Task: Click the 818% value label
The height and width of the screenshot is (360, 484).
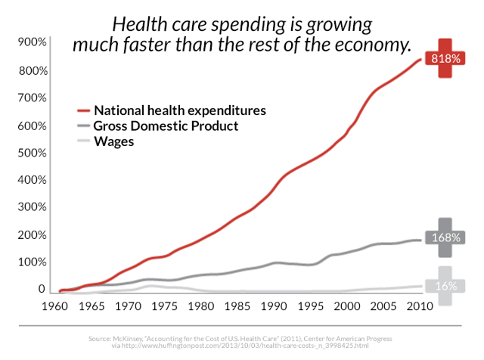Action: pyautogui.click(x=445, y=58)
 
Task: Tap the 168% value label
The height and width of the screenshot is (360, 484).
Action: pyautogui.click(x=446, y=237)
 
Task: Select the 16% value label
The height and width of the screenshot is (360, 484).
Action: pyautogui.click(x=446, y=286)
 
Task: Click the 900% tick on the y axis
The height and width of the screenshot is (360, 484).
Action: pyautogui.click(x=32, y=42)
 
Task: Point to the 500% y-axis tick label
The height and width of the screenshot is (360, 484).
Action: pyautogui.click(x=32, y=153)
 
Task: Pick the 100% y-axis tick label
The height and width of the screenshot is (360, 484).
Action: pyautogui.click(x=32, y=262)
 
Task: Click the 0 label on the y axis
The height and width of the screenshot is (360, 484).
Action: pyautogui.click(x=42, y=289)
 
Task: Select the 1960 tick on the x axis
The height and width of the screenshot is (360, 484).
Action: pyautogui.click(x=55, y=306)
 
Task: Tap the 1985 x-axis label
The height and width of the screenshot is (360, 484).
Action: pyautogui.click(x=237, y=306)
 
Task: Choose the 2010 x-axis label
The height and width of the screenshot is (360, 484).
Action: pyautogui.click(x=420, y=306)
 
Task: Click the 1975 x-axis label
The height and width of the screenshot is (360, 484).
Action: pyautogui.click(x=164, y=306)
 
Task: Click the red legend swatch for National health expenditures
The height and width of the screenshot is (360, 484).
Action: pyautogui.click(x=83, y=110)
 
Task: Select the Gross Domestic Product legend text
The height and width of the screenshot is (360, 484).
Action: pyautogui.click(x=166, y=126)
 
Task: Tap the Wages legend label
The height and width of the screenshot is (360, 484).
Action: pyautogui.click(x=114, y=141)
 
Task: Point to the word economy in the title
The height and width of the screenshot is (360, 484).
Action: pyautogui.click(x=373, y=45)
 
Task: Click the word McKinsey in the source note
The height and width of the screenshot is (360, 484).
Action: pyautogui.click(x=126, y=339)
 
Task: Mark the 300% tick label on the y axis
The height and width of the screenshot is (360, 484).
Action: pyautogui.click(x=32, y=207)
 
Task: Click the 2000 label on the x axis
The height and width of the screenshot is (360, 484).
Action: pyautogui.click(x=347, y=306)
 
